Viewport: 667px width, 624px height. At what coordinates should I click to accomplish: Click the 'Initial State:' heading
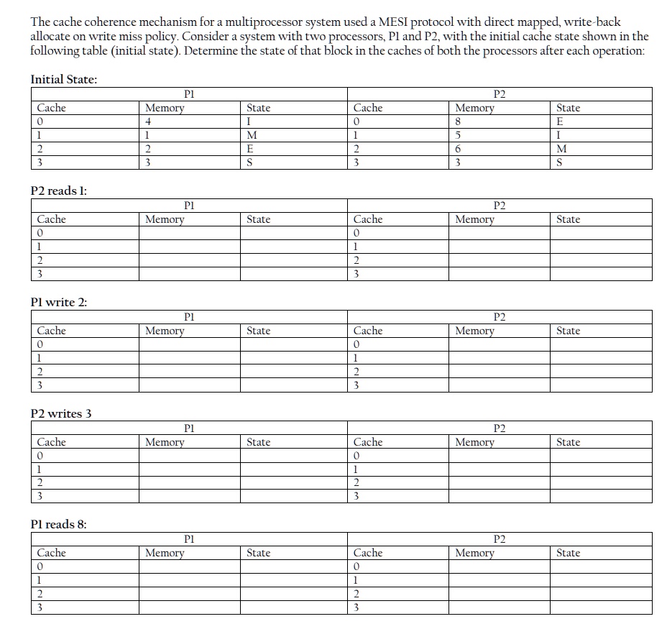(63, 79)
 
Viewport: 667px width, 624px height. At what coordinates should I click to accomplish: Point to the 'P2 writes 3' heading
(61, 413)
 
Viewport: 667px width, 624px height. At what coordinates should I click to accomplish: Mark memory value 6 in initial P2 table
(459, 150)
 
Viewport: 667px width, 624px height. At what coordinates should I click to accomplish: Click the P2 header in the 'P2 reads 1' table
(500, 206)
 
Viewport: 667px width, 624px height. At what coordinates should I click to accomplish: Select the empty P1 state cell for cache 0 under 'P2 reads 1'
(293, 233)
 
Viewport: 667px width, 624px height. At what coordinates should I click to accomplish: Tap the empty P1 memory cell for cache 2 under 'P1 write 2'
(190, 372)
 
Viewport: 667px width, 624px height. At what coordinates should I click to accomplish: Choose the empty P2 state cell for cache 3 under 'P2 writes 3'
(601, 497)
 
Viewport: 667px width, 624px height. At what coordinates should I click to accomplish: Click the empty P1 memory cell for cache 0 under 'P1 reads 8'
(190, 566)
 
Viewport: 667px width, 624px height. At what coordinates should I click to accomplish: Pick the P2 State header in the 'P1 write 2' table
(568, 331)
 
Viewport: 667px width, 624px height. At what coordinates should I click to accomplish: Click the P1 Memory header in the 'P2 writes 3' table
(165, 442)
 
